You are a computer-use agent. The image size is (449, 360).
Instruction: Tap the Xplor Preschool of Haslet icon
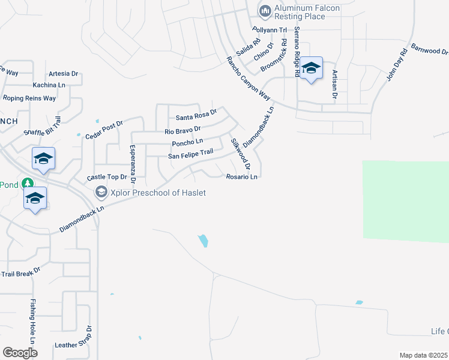101,192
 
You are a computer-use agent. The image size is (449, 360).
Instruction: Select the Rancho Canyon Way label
249,78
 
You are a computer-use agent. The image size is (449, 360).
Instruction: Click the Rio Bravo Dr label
182,130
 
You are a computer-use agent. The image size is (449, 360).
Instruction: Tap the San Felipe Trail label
190,154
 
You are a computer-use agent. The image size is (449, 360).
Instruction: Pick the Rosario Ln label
242,177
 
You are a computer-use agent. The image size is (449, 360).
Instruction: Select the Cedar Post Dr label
104,128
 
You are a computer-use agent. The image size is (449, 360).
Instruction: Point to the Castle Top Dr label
107,178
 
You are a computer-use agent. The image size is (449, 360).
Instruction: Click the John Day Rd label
397,65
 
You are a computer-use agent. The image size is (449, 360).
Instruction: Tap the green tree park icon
26,183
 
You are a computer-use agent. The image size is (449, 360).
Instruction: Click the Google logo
20,352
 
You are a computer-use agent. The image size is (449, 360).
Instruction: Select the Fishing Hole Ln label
33,317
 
